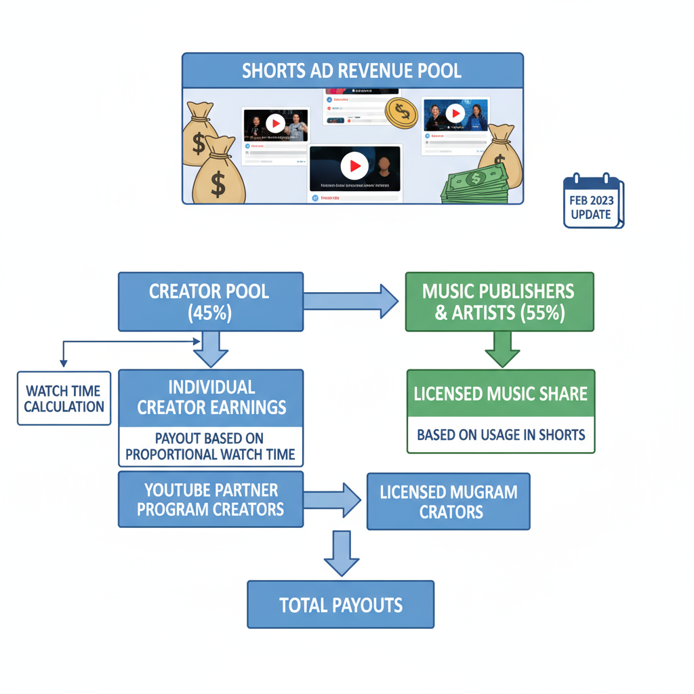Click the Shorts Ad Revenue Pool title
point(352,70)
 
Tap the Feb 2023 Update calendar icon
point(593,201)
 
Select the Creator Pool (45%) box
point(209,302)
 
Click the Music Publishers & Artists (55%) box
point(499,302)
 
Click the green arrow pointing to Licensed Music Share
point(502,349)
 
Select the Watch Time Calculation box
point(64,399)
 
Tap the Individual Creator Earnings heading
point(211,397)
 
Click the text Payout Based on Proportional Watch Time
point(211,447)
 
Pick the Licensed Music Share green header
point(501,394)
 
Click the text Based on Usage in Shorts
point(501,434)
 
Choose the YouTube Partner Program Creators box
point(211,499)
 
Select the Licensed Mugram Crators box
point(448,502)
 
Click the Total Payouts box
point(340,604)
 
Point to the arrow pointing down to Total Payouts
point(341,554)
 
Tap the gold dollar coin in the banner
point(401,112)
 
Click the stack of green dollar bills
point(474,182)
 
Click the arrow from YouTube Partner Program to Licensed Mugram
point(332,500)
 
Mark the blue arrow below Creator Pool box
point(211,350)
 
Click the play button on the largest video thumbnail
point(354,166)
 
